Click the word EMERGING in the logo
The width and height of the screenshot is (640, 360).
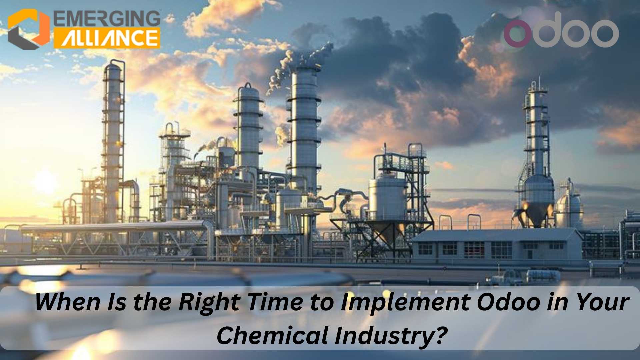107,18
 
